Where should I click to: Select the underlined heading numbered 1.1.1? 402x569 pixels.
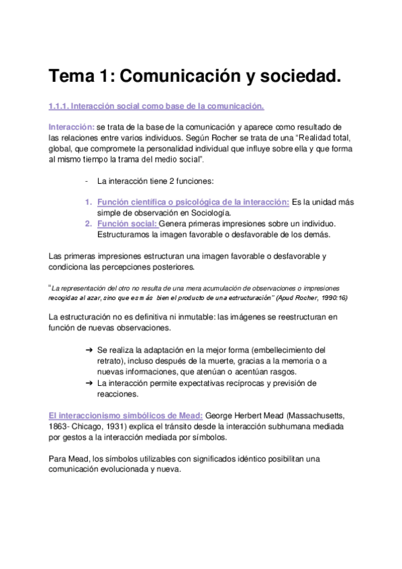point(156,106)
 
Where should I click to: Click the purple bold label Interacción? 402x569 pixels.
point(71,127)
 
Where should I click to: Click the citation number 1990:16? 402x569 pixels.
point(331,297)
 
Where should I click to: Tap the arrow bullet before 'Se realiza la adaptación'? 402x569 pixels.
point(89,350)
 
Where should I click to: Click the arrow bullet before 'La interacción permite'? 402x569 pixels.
point(89,383)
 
